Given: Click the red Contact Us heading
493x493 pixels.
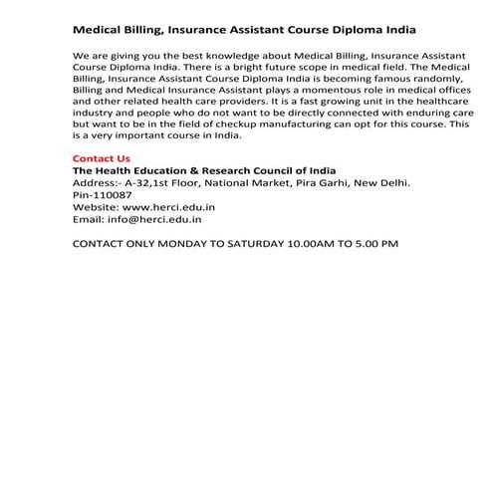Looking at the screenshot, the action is tap(102, 158).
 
